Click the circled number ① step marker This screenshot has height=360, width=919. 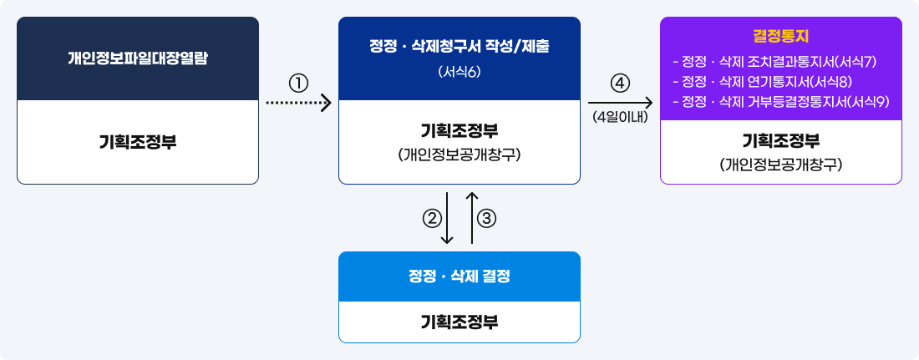(298, 84)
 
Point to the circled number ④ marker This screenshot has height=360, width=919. (620, 84)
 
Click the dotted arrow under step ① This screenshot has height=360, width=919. (299, 104)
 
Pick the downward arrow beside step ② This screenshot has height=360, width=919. (447, 217)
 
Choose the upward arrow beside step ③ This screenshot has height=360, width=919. (472, 217)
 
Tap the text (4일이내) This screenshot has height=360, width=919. (620, 117)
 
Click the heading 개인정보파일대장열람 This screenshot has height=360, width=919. (138, 58)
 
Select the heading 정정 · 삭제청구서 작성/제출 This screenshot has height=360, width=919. (459, 47)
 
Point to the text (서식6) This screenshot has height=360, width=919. (459, 72)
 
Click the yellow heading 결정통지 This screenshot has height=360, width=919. (780, 37)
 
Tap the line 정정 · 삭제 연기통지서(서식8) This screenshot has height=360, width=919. (763, 81)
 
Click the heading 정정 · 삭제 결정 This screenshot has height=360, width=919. (459, 276)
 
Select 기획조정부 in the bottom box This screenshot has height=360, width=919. (459, 322)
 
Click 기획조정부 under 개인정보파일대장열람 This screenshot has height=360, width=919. (138, 142)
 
